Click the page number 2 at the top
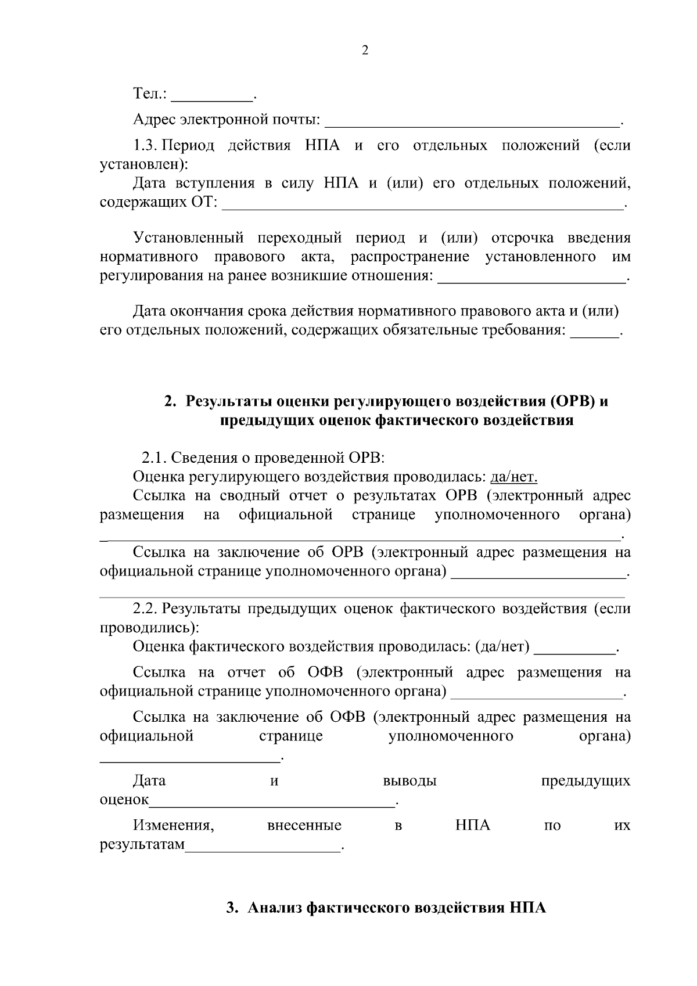[365, 51]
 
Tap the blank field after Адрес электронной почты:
[472, 121]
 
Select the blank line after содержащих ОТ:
[422, 204]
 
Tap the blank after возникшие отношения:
[531, 276]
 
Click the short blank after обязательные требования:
[594, 332]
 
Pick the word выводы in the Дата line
[409, 781]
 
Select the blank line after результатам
[263, 845]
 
